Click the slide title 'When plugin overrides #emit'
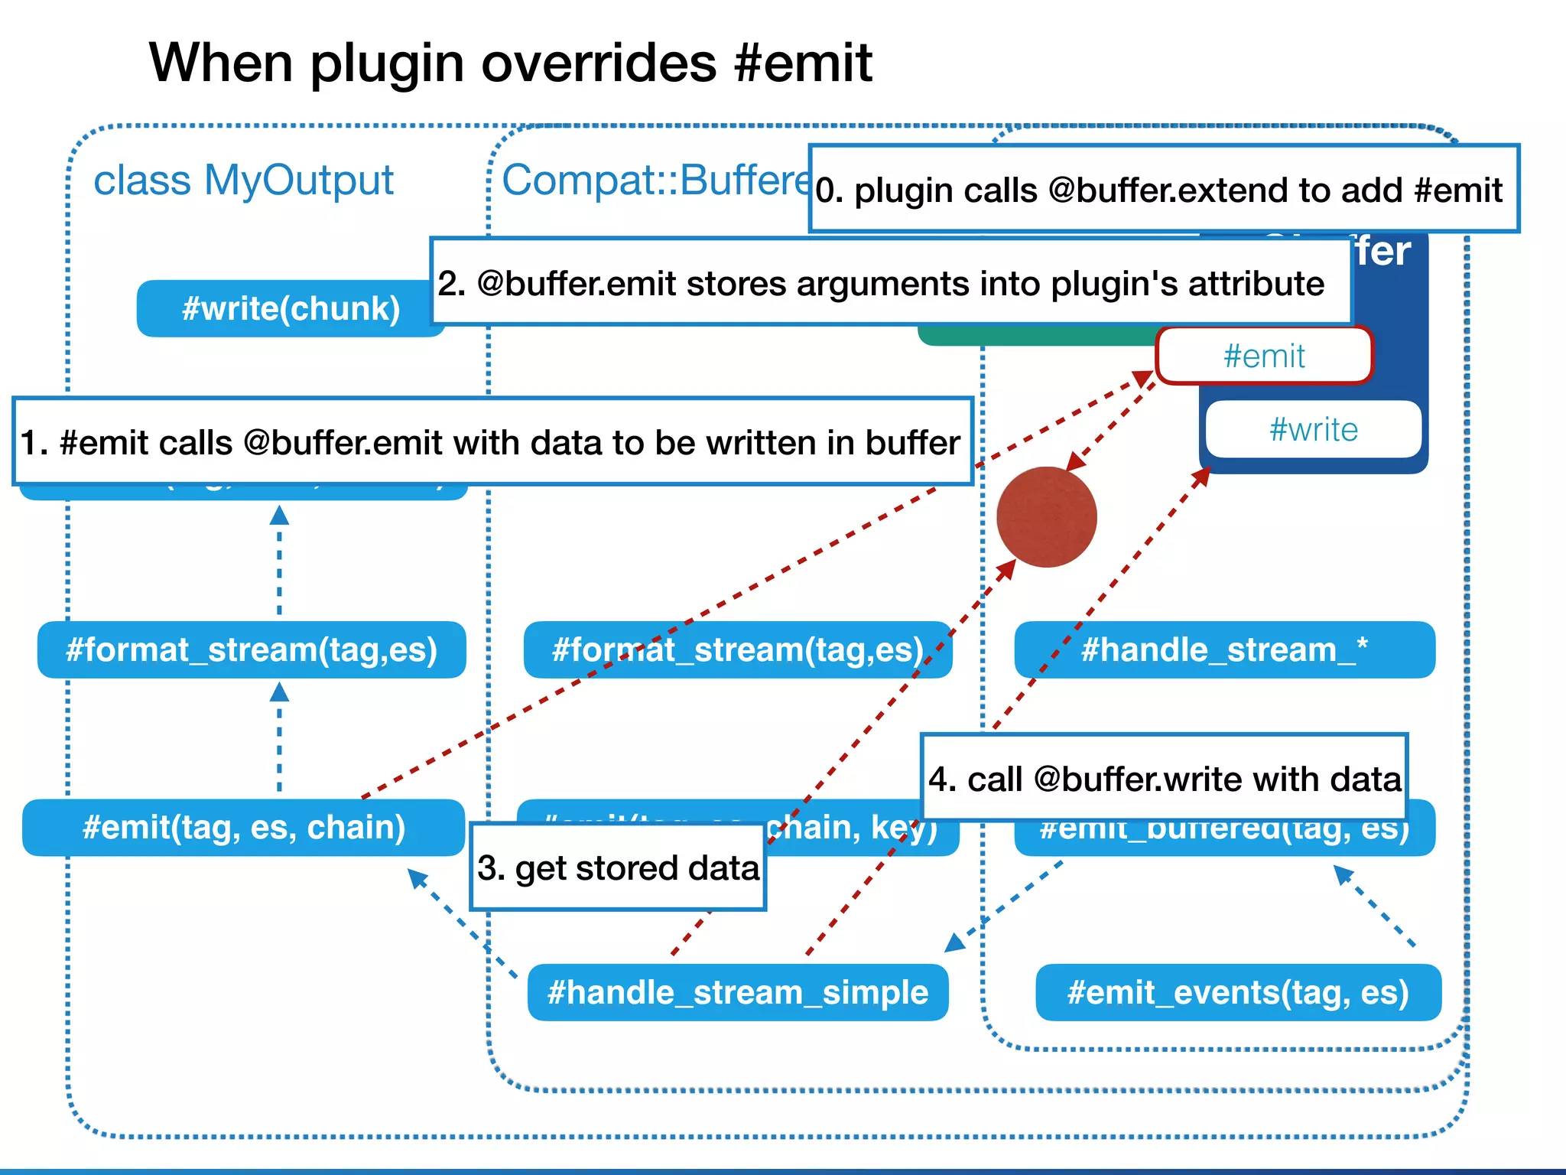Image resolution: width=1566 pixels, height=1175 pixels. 510,63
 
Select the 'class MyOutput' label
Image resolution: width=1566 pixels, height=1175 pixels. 243,181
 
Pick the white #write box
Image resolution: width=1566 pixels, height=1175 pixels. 1313,429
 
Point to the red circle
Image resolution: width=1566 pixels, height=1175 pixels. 1046,517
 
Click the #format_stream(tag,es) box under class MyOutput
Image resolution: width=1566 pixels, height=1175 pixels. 251,650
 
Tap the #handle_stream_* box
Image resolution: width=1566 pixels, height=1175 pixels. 1223,650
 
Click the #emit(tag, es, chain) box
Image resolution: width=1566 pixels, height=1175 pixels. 243,828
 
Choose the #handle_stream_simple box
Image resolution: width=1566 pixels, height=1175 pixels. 737,993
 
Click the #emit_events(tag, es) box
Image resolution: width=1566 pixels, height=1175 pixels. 1237,993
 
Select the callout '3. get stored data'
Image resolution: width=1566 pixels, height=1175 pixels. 618,867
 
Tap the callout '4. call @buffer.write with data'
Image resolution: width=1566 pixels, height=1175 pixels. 1164,779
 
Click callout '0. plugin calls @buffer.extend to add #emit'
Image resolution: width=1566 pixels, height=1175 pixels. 1163,189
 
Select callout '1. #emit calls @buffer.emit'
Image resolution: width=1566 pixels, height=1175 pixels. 492,442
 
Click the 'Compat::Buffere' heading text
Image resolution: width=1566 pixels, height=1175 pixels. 654,181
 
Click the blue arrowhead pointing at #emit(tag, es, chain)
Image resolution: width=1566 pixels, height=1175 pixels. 416,877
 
